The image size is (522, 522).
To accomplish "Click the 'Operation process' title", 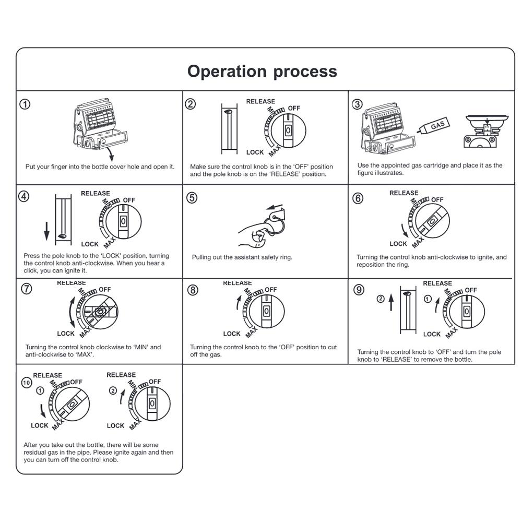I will pos(262,71).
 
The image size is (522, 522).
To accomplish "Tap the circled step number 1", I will pos(25,104).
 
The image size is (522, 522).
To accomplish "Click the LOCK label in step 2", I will pos(255,152).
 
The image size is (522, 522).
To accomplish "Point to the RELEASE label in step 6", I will pos(404,193).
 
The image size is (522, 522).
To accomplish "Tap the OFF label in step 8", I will pos(271,290).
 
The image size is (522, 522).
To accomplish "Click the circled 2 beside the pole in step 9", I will pos(381,299).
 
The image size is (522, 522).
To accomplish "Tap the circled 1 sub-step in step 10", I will pos(40,391).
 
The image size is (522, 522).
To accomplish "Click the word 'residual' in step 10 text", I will pos(35,453).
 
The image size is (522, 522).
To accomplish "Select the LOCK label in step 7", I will pos(66,334).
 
